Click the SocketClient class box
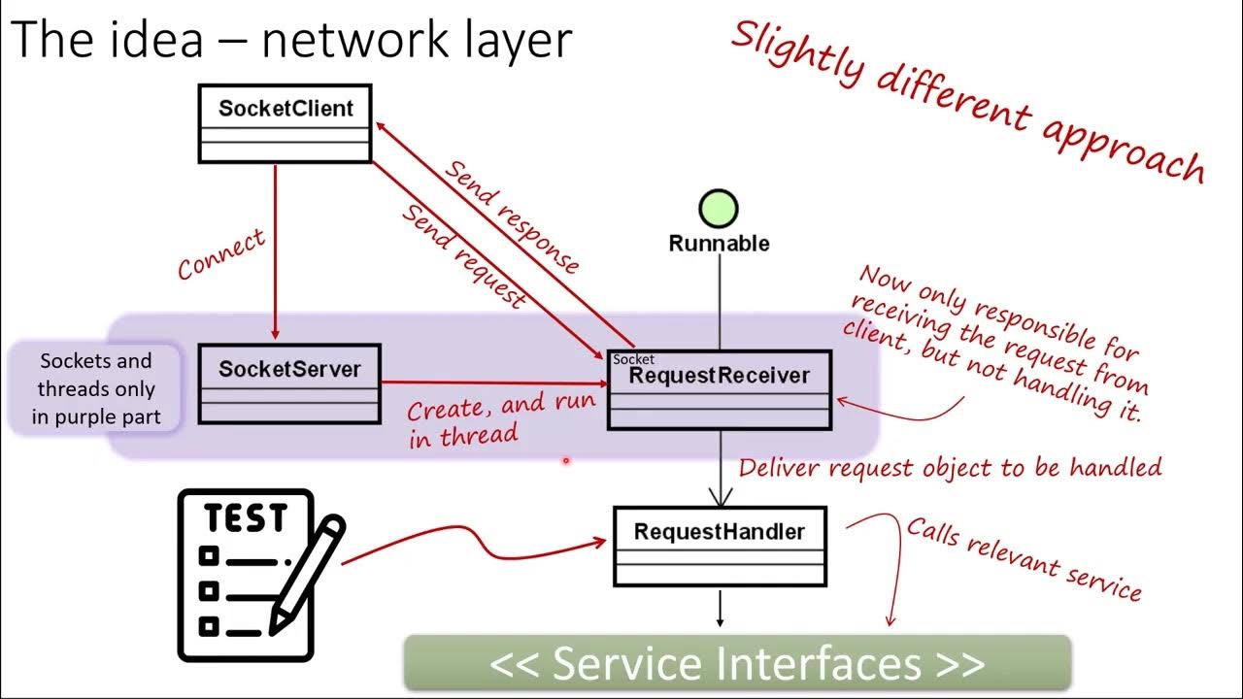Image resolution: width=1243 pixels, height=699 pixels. [x=285, y=123]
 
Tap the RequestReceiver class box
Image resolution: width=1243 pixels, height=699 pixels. [x=720, y=389]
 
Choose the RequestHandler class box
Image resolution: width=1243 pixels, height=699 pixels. [x=720, y=546]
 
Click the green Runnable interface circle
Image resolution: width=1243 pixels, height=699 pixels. [x=719, y=209]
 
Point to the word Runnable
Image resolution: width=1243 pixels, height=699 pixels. [x=719, y=244]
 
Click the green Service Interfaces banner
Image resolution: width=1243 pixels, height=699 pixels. [x=737, y=663]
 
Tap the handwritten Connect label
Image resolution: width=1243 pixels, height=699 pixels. [x=220, y=255]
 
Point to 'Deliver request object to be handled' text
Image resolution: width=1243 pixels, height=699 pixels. [x=950, y=468]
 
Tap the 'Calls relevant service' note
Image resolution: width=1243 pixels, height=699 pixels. [x=1024, y=558]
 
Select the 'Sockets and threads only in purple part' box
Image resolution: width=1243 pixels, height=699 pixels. [x=95, y=388]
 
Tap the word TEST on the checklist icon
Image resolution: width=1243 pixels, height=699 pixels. [x=246, y=518]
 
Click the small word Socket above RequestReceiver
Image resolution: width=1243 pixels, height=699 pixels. [x=633, y=359]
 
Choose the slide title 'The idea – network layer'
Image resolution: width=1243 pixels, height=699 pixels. [x=291, y=41]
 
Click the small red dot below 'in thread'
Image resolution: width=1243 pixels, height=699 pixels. [x=565, y=462]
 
